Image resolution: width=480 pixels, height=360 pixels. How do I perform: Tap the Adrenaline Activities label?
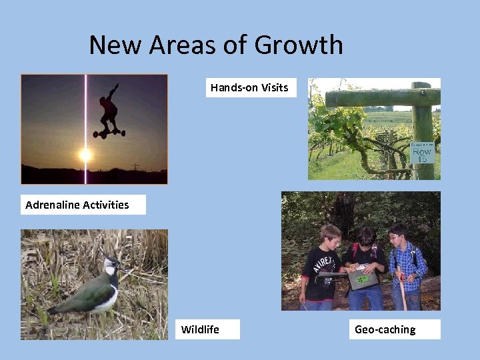click(x=77, y=205)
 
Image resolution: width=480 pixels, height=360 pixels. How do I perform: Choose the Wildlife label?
click(x=201, y=329)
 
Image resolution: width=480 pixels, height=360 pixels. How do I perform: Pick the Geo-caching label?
click(x=385, y=329)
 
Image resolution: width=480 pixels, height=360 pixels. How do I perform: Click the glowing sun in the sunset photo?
click(x=85, y=155)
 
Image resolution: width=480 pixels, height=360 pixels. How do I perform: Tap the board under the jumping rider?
click(x=109, y=133)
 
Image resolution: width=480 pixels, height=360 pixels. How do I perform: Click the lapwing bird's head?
click(x=111, y=267)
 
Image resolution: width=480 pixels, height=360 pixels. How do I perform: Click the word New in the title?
click(x=115, y=45)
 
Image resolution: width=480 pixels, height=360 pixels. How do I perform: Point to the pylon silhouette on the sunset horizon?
click(x=135, y=167)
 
